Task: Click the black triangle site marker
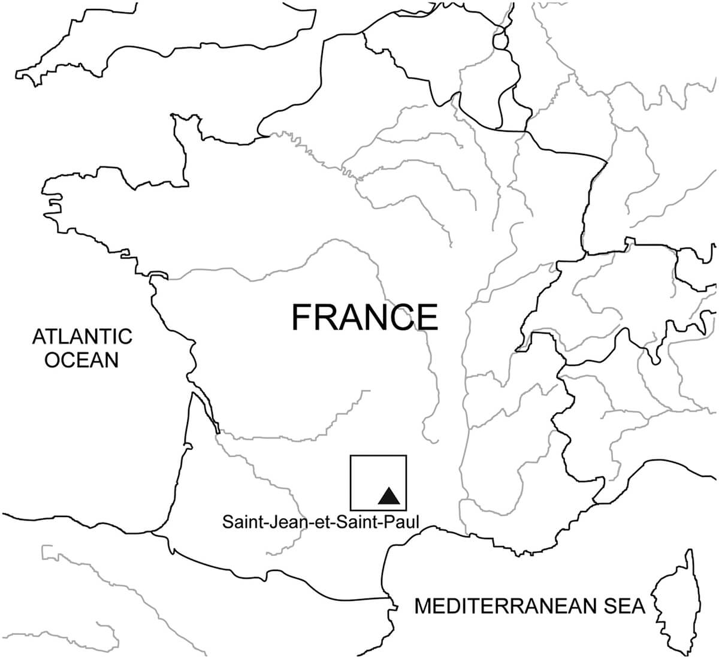(x=388, y=496)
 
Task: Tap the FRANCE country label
(x=364, y=318)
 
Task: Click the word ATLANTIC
(x=82, y=336)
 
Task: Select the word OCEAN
(x=82, y=360)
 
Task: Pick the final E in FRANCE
(x=428, y=318)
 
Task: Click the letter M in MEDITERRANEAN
(x=424, y=606)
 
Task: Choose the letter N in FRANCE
(x=377, y=318)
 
